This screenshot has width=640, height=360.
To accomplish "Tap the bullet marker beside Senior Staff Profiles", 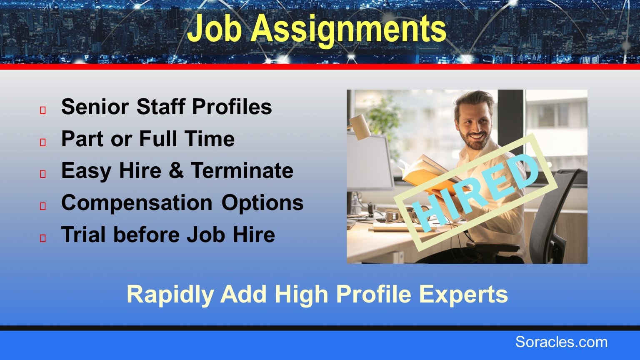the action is [43, 110].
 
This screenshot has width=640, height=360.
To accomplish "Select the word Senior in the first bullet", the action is [95, 107].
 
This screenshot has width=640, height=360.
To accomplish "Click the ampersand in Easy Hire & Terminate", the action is [176, 170].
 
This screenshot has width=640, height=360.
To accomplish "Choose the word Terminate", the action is [242, 170].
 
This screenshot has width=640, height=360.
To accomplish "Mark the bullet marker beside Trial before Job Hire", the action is [43, 238].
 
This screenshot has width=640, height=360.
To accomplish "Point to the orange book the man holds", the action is [429, 174].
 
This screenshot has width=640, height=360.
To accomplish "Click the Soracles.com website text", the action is [561, 342].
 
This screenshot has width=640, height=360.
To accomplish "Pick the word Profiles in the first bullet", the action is [232, 107].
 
